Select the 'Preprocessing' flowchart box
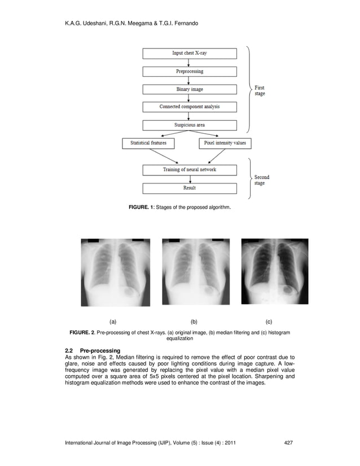(189, 72)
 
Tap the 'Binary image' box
(189, 89)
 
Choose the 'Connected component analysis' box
(189, 107)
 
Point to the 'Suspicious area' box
(189, 125)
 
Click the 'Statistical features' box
(148, 143)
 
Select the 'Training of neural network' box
(189, 169)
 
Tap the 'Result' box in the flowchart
(189, 188)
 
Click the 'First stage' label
(260, 91)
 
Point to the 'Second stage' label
(261, 180)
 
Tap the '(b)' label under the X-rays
(194, 322)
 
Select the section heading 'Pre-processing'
(96, 351)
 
